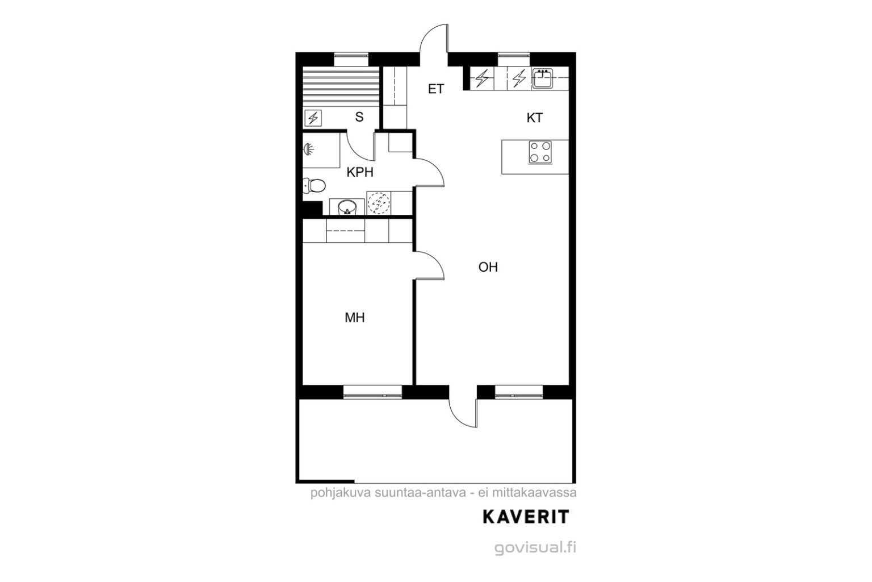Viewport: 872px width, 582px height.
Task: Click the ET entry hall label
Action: (435, 89)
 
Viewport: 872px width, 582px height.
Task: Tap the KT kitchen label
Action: (534, 118)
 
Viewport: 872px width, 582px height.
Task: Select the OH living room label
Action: (488, 267)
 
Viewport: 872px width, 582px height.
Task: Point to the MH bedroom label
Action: (355, 318)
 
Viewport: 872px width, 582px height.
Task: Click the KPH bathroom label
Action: (360, 172)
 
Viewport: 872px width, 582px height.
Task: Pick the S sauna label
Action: (359, 117)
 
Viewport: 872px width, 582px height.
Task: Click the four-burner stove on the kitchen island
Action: (540, 152)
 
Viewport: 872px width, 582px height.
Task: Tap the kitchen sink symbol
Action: (542, 79)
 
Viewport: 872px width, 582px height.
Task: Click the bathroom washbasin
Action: (347, 207)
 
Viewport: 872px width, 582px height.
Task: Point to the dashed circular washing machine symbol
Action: (379, 202)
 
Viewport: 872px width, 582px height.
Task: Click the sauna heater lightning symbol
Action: (313, 118)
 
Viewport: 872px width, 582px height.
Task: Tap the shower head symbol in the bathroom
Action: (308, 149)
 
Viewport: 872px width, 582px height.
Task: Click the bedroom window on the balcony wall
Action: (372, 392)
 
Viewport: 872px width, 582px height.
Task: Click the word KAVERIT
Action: (526, 517)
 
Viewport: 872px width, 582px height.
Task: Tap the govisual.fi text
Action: (535, 548)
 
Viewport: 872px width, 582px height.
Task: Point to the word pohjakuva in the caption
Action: (341, 493)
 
